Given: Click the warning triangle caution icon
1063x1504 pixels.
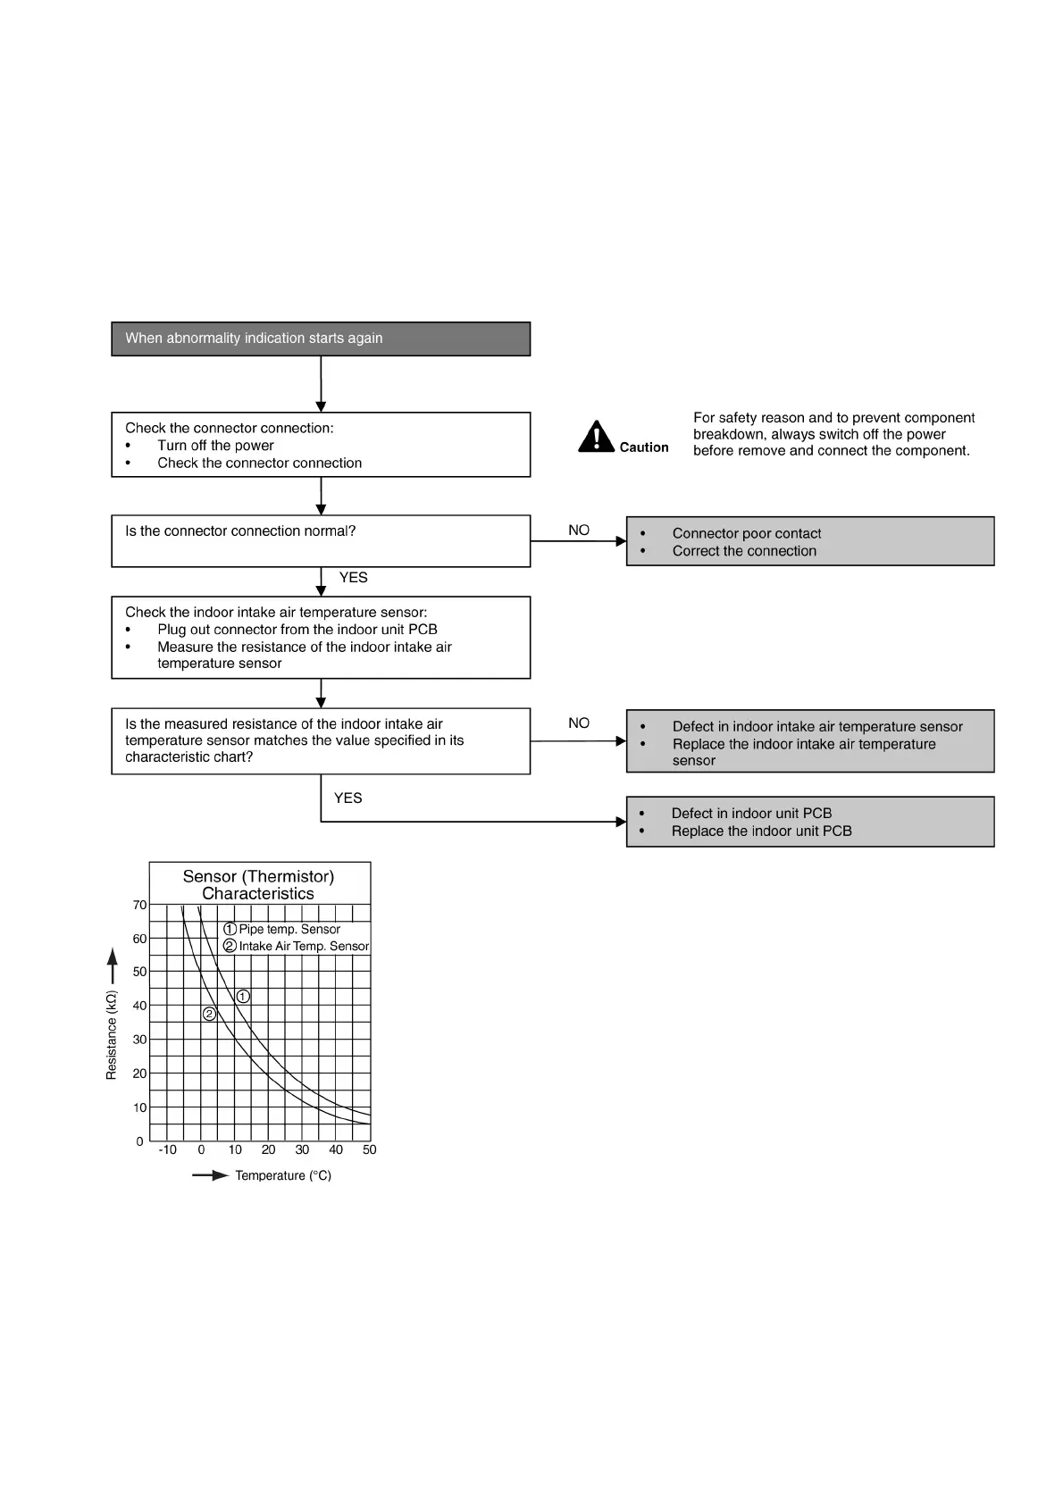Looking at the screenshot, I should point(596,437).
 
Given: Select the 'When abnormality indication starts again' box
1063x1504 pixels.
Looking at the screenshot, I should point(321,338).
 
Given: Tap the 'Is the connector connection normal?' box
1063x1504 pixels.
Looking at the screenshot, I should point(321,540).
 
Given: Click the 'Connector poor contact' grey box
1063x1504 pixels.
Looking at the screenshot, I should point(809,541).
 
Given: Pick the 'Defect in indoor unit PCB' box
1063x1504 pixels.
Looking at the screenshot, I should point(809,822).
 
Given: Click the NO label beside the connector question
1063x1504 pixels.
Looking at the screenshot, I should point(579,531).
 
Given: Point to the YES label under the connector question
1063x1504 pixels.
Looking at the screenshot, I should point(353,578).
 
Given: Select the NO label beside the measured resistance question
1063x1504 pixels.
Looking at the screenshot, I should point(579,723).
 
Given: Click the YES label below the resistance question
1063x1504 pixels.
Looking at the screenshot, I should point(347,798).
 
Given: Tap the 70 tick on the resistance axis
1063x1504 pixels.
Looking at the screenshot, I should point(139,905).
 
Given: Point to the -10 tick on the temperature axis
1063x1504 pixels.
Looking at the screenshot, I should point(167,1150).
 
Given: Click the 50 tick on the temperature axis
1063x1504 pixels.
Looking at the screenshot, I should point(370,1150).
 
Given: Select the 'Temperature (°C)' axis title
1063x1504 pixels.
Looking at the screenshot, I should point(282,1175).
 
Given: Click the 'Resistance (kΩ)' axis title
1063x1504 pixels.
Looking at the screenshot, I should point(112,1035).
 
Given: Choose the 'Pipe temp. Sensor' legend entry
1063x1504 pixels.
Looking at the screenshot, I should point(282,929).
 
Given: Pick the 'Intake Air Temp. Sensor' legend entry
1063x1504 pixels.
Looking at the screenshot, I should point(296,946).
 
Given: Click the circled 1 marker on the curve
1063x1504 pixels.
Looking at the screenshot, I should point(243,997).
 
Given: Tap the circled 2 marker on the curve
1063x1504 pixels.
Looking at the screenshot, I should point(209,1014).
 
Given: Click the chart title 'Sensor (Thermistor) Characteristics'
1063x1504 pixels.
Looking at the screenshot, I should point(258,884).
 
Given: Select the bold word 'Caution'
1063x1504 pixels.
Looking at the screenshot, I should point(644,447).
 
